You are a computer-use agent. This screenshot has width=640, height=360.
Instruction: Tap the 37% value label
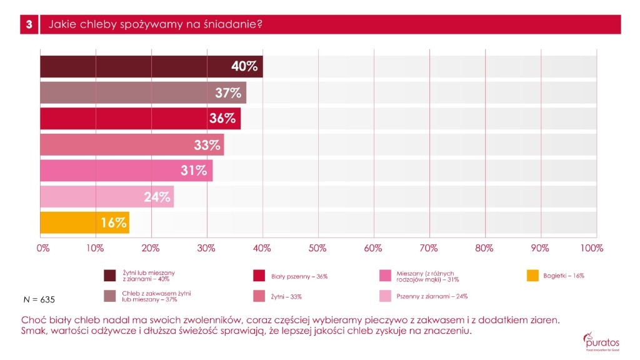(x=228, y=93)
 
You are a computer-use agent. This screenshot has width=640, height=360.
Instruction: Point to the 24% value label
(x=156, y=197)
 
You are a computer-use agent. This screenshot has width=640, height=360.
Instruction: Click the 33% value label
(x=207, y=145)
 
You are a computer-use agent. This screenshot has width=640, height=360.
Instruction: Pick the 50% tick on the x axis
(x=318, y=248)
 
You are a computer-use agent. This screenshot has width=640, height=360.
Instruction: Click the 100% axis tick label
(x=591, y=248)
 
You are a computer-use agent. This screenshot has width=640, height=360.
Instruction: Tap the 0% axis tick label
(x=43, y=248)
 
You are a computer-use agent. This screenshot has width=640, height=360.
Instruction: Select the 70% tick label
(x=429, y=248)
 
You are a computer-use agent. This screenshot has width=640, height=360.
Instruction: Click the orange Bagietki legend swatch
(x=533, y=276)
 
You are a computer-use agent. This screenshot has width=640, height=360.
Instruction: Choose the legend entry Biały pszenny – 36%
(x=299, y=276)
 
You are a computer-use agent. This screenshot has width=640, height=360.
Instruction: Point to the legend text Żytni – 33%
(x=286, y=296)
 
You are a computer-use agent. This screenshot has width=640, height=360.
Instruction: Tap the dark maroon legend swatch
(x=110, y=276)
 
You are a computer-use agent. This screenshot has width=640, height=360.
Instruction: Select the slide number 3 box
(x=28, y=24)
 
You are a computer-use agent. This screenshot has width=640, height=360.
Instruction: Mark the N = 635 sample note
(x=39, y=300)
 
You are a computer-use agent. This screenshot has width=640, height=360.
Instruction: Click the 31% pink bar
(x=125, y=171)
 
